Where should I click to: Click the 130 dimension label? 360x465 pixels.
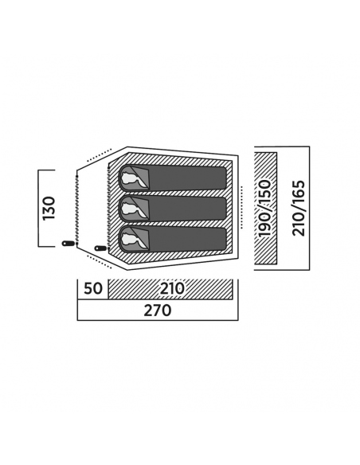point(49,208)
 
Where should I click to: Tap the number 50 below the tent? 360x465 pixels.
point(93,288)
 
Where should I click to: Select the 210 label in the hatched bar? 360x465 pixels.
point(172,288)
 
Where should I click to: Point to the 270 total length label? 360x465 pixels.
point(158,311)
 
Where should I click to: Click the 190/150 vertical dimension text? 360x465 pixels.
point(264,208)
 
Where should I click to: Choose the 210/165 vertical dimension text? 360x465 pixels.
point(299,208)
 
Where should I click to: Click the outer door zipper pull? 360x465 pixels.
point(68,244)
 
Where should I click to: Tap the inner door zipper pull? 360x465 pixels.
point(100,248)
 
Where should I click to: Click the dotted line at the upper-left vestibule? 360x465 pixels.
point(100,155)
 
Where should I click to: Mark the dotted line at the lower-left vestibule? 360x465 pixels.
point(100,261)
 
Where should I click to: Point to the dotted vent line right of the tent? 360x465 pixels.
point(242,207)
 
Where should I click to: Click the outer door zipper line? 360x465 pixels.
point(76,208)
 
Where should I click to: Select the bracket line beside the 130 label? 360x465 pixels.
point(38,208)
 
